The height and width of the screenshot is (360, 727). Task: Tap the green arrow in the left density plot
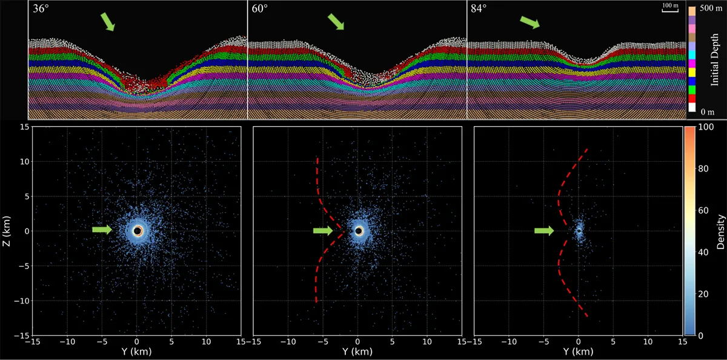102,230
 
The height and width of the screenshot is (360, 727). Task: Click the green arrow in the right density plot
544,230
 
